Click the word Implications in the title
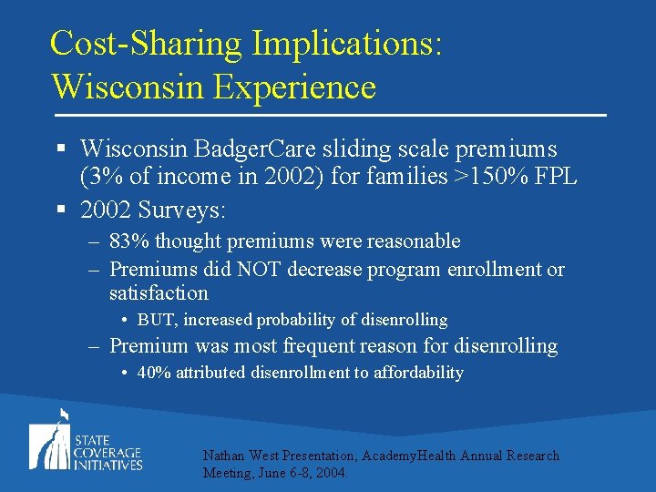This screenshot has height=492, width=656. click(x=347, y=44)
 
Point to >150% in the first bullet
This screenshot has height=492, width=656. click(x=493, y=176)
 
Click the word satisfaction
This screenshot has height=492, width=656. click(x=159, y=293)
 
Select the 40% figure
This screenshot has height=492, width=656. click(x=154, y=373)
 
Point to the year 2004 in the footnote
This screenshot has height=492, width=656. click(x=331, y=473)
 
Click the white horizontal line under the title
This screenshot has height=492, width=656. click(x=329, y=116)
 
